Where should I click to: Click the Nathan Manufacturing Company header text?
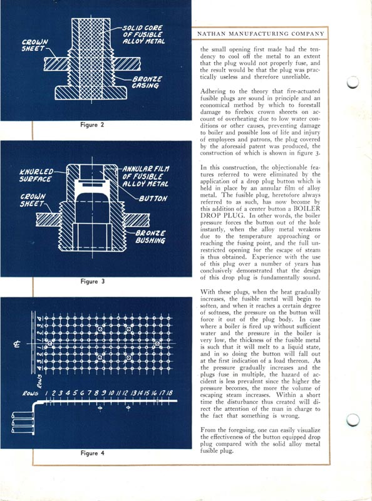(261, 34)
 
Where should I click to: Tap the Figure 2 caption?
(92, 125)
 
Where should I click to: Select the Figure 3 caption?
(92, 281)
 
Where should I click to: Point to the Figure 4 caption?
(92, 453)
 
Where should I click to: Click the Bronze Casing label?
(147, 82)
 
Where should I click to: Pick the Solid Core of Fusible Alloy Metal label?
(144, 34)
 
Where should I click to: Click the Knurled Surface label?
(36, 175)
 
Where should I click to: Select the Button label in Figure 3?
(153, 199)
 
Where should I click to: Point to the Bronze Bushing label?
(150, 237)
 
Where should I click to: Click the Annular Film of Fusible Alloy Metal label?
(146, 176)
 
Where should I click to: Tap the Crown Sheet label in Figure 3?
(33, 200)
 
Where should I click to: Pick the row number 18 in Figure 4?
(169, 393)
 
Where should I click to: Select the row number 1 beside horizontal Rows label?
(47, 393)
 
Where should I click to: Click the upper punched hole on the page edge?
(353, 82)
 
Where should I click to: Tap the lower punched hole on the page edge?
(353, 420)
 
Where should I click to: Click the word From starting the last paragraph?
(207, 430)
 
